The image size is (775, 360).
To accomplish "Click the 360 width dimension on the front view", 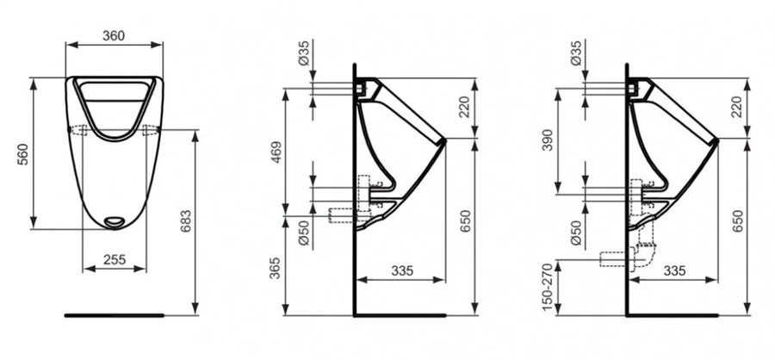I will [x=115, y=35].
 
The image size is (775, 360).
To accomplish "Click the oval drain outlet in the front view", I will [x=114, y=222].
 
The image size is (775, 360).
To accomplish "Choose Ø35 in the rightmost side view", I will [x=575, y=57].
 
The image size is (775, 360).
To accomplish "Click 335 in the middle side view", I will [x=401, y=270].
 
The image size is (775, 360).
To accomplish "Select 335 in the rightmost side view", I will [x=674, y=270].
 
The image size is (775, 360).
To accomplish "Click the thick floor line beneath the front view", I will [x=115, y=314].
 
